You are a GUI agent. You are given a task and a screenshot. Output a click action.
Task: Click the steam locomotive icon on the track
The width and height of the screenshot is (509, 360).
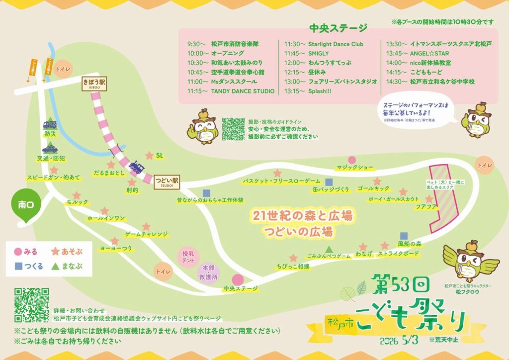(x=136, y=167)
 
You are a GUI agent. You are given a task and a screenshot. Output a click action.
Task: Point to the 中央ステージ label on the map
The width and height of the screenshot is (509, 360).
(x=241, y=288)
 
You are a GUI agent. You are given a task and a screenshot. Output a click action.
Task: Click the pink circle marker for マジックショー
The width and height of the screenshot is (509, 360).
(x=352, y=160)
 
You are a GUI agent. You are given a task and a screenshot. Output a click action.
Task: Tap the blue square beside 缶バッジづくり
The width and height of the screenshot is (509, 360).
(x=329, y=182)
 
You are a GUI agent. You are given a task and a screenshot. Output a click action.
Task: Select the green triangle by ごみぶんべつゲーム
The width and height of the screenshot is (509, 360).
(x=329, y=248)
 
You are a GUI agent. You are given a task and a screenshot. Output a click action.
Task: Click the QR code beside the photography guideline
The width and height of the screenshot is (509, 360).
(x=233, y=129)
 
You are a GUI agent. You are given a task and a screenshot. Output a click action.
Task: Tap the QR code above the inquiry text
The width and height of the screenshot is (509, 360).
(x=31, y=305)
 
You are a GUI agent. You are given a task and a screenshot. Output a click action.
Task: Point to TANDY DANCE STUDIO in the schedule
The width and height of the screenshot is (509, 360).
(x=243, y=91)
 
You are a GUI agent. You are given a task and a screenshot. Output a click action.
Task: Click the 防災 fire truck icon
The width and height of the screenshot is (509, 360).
(x=50, y=125)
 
